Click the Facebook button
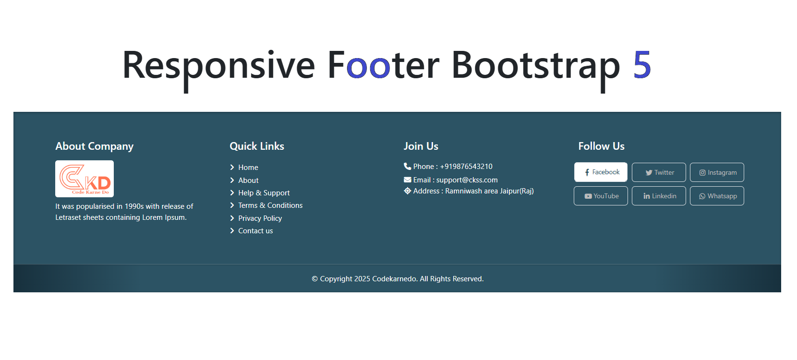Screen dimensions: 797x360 coord(601,172)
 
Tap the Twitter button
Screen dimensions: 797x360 coord(659,172)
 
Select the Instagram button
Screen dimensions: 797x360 coord(717,172)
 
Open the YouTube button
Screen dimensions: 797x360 coord(601,196)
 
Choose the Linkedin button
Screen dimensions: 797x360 coord(659,196)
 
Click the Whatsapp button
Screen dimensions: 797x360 coord(717,196)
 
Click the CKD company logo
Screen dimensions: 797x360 coord(85,179)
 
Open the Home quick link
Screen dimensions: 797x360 coord(248,167)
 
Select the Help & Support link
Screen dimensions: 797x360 coord(264,193)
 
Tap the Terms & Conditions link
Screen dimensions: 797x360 coord(270,205)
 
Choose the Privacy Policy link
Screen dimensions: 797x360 coord(260,218)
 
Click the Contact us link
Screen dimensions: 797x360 coord(255,230)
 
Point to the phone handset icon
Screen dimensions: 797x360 coord(408,166)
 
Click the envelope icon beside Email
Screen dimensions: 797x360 coord(408,180)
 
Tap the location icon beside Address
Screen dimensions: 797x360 coord(408,191)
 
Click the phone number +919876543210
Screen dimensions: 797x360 coord(466,167)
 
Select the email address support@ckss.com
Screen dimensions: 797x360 coord(467,180)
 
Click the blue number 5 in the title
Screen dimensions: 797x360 coord(642,65)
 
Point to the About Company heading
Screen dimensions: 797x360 coord(94,146)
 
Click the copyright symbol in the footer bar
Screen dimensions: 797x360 coord(314,279)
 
